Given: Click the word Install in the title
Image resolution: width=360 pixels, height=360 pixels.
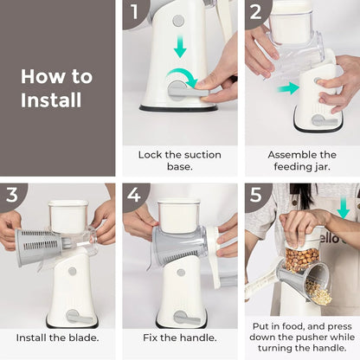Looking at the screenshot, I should coord(51,100).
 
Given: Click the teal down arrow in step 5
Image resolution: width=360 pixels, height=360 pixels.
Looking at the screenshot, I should coord(344,209).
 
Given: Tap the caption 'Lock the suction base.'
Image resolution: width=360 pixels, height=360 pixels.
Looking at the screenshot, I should coord(179,162).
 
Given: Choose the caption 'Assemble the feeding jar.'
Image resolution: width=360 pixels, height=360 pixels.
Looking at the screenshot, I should coord(301,162).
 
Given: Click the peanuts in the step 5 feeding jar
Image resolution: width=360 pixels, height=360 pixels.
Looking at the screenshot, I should coord(302,258).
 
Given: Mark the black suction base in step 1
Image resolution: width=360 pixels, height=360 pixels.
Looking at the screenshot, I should coord(178,108).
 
